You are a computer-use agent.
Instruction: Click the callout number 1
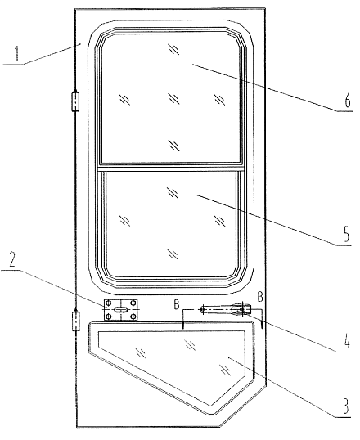pos(17,53)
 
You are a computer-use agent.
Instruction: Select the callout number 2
pos(11,259)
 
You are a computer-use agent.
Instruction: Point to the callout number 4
pos(347,340)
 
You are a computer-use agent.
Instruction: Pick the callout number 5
pos(347,234)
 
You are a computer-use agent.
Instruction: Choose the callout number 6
pos(348,100)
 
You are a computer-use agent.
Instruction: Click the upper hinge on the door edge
pos(75,101)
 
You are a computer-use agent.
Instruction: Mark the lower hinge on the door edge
pos(75,320)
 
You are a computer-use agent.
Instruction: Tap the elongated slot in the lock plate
pos(121,309)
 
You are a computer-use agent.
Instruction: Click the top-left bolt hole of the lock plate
pos(109,303)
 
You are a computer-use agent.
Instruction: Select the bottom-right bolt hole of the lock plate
pos(133,317)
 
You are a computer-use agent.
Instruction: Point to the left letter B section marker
pos(177,304)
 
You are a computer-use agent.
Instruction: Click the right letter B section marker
pos(260,297)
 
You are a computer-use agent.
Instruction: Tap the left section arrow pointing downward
pos(182,319)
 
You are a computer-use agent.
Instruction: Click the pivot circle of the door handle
pos(243,309)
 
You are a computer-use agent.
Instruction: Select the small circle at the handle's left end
pos(202,309)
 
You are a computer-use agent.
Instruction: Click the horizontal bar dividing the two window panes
pos(170,168)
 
